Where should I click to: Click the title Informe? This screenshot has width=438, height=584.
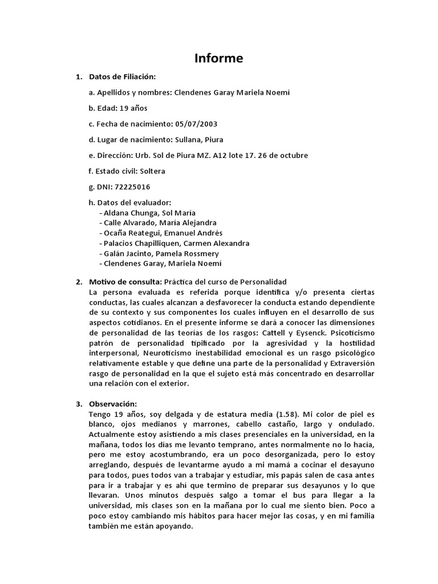[x=219, y=58]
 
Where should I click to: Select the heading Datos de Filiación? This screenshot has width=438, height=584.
[x=122, y=76]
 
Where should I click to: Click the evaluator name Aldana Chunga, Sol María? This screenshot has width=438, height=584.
[x=145, y=212]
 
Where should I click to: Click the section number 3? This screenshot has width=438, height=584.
[x=79, y=404]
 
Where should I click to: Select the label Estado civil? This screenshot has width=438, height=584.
[x=118, y=171]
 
